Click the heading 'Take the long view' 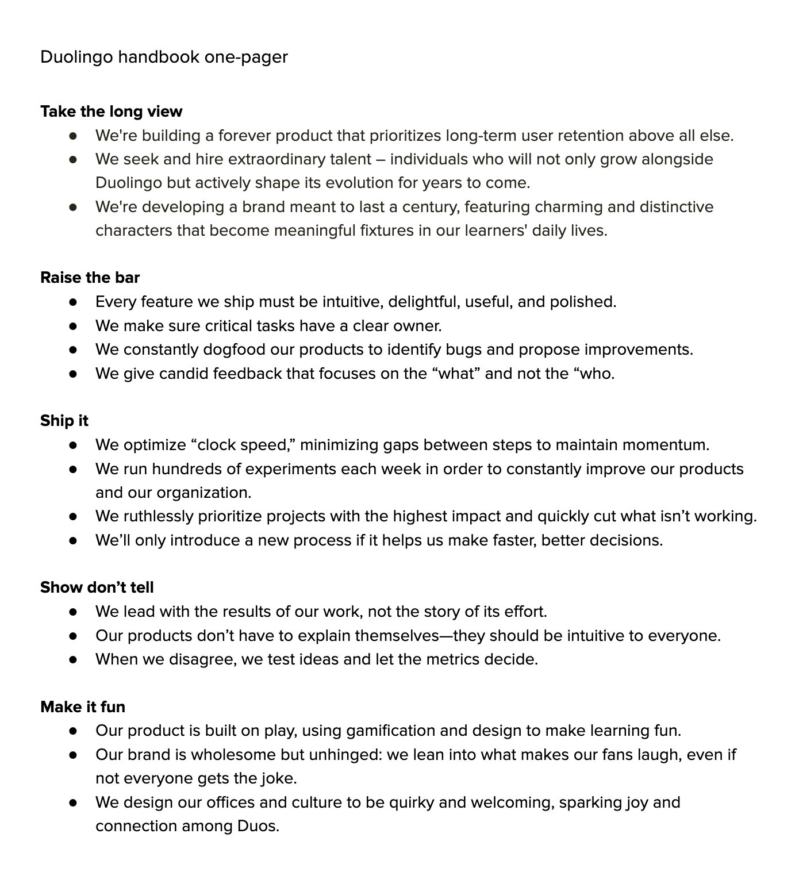tap(111, 112)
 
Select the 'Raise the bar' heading tap(90, 278)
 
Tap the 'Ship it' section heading tap(64, 421)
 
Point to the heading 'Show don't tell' tap(97, 587)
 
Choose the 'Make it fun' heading tap(83, 707)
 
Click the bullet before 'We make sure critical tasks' tap(73, 326)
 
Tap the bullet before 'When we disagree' tap(73, 659)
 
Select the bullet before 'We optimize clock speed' tap(73, 445)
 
